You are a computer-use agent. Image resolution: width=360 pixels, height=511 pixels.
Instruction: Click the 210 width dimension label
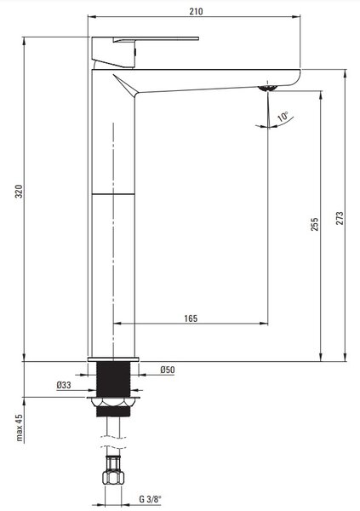tap(196, 11)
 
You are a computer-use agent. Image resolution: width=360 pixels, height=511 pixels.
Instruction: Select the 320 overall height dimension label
tap(20, 192)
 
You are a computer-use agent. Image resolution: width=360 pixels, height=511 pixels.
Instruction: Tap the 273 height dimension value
tap(340, 218)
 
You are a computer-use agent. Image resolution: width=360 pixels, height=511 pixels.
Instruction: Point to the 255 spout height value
tap(314, 224)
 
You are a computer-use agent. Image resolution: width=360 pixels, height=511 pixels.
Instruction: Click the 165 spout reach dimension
tap(191, 319)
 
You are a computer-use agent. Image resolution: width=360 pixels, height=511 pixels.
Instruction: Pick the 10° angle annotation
tap(283, 117)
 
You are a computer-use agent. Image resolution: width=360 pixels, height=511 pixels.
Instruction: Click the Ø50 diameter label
tap(168, 370)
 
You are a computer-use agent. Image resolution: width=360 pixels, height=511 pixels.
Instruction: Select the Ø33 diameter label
tap(64, 385)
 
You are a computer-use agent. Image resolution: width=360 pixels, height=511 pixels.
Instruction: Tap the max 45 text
tap(20, 428)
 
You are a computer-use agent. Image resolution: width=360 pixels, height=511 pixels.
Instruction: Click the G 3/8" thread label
tap(150, 499)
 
